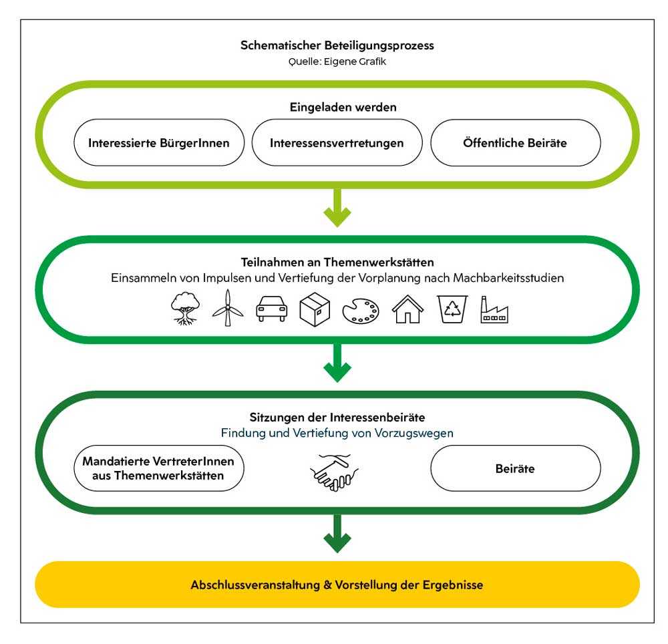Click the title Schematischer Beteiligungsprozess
pyautogui.click(x=337, y=46)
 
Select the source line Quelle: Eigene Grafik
pyautogui.click(x=337, y=61)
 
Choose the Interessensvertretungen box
pyautogui.click(x=337, y=143)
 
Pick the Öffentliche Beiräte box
pyautogui.click(x=515, y=143)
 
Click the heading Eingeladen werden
pyautogui.click(x=337, y=106)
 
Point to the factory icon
pyautogui.click(x=494, y=310)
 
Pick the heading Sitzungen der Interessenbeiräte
pyautogui.click(x=337, y=418)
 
